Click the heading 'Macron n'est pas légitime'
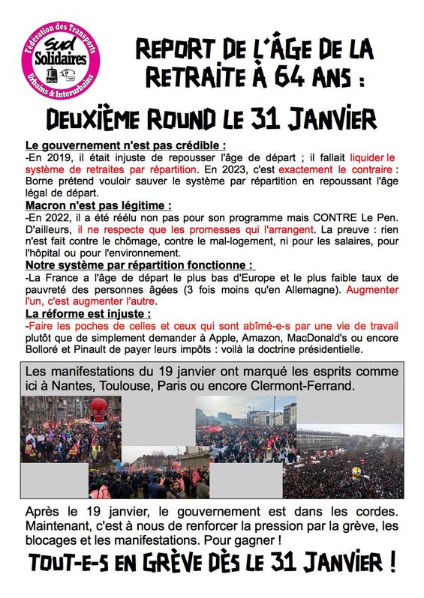[x=98, y=205]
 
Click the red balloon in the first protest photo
[x=98, y=407]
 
